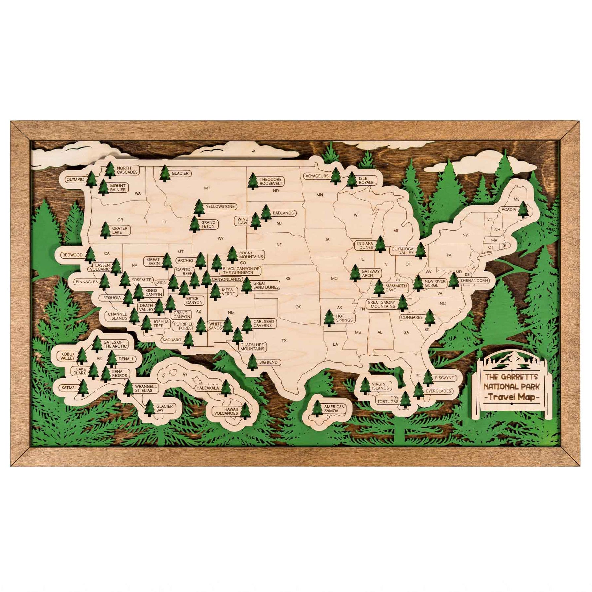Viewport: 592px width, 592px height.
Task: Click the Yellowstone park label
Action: [220, 207]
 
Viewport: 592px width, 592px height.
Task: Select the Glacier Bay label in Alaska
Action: [164, 408]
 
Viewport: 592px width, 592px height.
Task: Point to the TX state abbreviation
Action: [284, 340]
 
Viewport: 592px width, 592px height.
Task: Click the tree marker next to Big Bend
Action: [252, 362]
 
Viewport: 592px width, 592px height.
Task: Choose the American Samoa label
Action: [334, 409]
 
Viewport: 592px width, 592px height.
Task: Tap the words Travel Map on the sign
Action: [512, 397]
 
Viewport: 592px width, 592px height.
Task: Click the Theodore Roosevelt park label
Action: [271, 182]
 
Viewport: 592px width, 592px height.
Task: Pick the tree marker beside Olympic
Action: [91, 180]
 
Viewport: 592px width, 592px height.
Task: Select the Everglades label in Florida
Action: [438, 391]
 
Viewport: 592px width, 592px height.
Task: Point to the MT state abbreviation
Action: [207, 188]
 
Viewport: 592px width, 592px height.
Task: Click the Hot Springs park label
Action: [344, 318]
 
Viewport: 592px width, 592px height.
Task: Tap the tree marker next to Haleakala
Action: [226, 388]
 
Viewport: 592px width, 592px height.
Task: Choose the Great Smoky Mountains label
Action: [381, 304]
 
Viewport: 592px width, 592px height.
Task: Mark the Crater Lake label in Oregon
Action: [119, 230]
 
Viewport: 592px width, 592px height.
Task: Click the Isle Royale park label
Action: [366, 180]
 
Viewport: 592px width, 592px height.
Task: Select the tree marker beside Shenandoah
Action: [454, 281]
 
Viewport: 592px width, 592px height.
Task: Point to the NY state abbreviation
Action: [465, 235]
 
